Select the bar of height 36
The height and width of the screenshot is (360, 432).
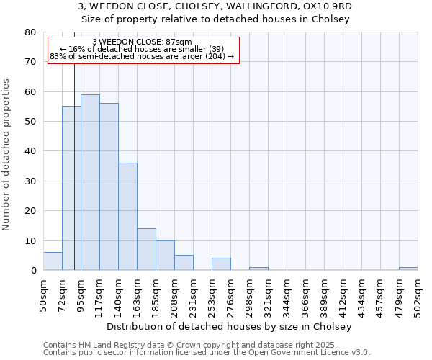127,216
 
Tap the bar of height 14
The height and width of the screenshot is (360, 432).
146,249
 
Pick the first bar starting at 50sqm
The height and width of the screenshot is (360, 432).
53,261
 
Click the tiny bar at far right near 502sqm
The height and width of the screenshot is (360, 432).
408,269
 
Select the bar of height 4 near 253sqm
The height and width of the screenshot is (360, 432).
221,264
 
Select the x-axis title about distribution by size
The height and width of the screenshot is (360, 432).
233,326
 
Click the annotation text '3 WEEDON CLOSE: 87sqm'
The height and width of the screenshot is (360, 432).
143,42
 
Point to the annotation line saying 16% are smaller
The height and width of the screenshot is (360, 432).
143,49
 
